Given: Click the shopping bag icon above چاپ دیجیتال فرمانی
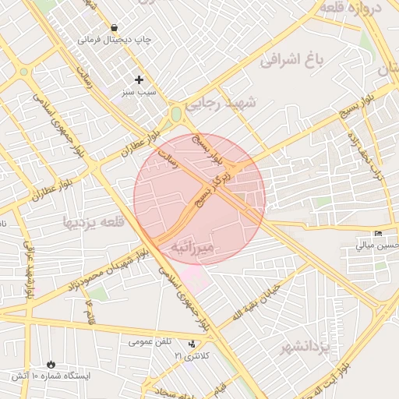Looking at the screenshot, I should point(115,27).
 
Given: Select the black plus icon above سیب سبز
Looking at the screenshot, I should point(139,79).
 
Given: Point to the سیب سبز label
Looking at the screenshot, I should point(139,91).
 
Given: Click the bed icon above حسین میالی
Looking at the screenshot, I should point(379,234).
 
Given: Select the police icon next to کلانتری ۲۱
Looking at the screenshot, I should point(192,344).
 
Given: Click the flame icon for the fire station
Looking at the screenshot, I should point(51,364).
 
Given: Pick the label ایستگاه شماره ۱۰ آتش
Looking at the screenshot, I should point(51,376).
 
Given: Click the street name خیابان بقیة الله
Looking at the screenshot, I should point(255,303).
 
